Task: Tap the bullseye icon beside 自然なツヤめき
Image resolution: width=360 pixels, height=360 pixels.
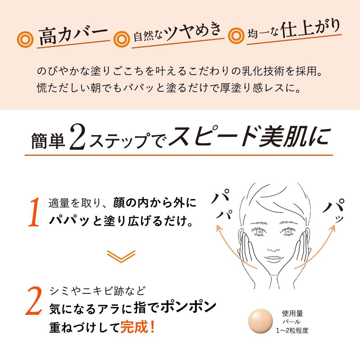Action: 122,38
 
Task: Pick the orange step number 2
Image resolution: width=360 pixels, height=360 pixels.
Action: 33,301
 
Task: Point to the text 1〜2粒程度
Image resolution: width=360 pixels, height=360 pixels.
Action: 292,330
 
